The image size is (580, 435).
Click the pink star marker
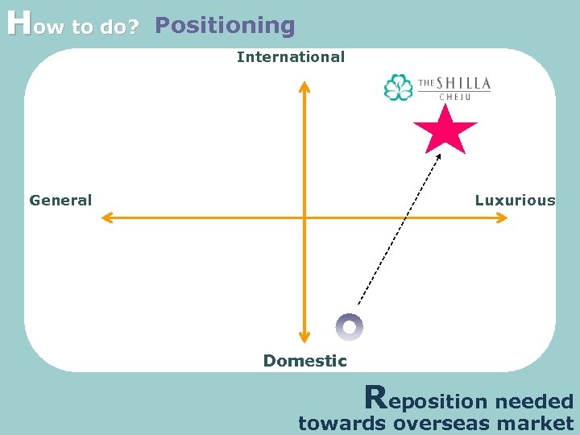445,130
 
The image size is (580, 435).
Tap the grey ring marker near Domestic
350,327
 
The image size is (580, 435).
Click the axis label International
290,57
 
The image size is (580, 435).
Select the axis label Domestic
304,361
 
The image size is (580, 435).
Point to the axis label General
60,201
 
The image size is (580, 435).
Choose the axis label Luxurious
515,201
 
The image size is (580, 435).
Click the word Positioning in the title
225,26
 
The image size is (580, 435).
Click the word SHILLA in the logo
464,84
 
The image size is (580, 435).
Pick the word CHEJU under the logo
453,97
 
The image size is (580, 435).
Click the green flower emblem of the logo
398,87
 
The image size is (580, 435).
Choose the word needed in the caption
533,401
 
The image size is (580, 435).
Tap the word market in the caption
535,424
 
